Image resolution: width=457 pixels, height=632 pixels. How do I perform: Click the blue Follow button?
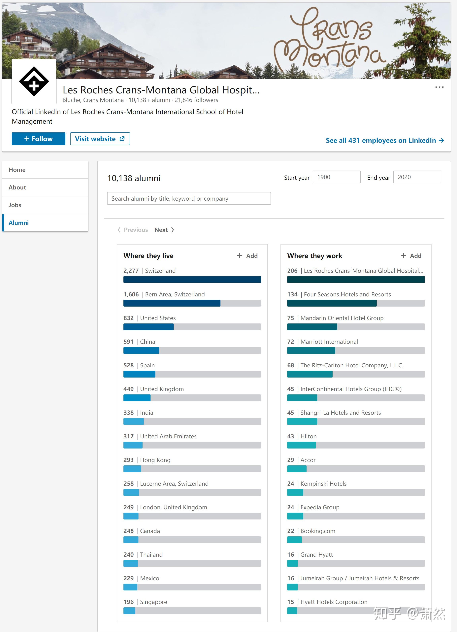[38, 139]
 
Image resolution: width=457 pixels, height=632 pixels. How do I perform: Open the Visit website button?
[100, 139]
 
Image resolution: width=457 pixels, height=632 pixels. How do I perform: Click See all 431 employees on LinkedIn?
[385, 140]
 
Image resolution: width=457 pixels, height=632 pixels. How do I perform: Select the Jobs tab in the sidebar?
[45, 205]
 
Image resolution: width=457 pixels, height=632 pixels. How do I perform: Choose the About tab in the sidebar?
[45, 187]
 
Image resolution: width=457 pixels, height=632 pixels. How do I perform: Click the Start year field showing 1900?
[337, 177]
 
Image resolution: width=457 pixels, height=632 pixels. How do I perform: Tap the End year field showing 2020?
[417, 177]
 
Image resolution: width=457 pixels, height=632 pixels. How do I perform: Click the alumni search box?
[189, 199]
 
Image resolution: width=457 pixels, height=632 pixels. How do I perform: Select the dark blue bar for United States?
[148, 327]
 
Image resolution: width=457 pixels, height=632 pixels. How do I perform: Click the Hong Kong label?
[155, 460]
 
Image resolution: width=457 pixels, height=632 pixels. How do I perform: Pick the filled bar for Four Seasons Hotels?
[332, 303]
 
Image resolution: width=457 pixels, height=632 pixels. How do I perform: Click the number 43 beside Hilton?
[291, 436]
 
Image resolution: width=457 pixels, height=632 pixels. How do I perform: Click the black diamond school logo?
[34, 81]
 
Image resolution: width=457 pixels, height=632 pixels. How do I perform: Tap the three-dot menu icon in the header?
[440, 87]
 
